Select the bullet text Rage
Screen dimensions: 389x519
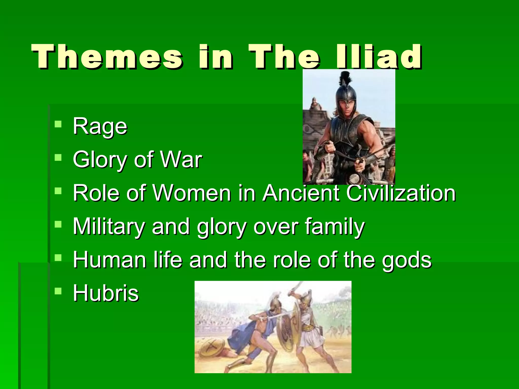pos(100,126)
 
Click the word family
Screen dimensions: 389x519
pos(335,226)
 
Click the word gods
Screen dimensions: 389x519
pos(406,260)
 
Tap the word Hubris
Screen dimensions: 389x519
pos(106,293)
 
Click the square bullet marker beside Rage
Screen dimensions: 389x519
pos(58,124)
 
